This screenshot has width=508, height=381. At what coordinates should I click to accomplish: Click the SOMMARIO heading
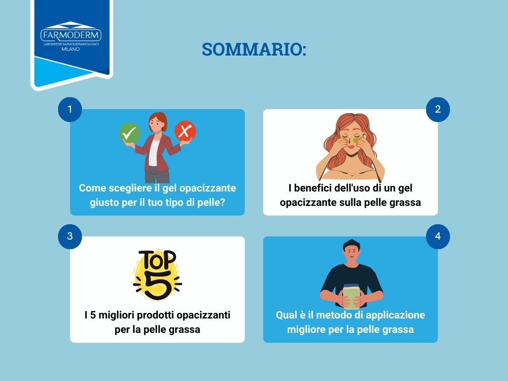[x=254, y=50]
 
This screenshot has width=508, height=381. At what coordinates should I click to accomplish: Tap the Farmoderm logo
[x=71, y=38]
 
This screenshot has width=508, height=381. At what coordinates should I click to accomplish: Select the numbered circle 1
[x=70, y=110]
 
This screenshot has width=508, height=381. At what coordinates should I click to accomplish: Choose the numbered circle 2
[x=438, y=110]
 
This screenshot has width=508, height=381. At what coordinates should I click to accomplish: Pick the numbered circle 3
[x=70, y=237]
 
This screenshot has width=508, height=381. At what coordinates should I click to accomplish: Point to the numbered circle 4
[x=438, y=237]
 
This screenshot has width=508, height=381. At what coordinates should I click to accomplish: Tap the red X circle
[x=185, y=131]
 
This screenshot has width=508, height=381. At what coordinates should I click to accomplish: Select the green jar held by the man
[x=351, y=296]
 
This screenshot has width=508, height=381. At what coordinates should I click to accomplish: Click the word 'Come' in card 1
[x=90, y=189]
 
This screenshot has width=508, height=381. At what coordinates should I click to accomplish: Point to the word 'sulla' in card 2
[x=352, y=202]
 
